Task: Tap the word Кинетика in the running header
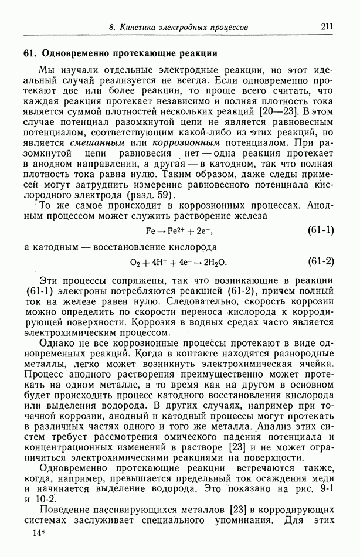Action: coord(141,27)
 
